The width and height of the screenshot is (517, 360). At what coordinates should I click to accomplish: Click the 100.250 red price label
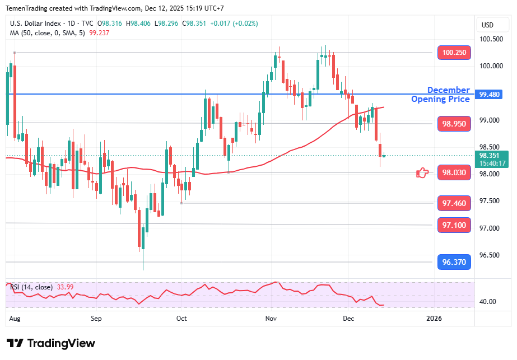[x=454, y=53]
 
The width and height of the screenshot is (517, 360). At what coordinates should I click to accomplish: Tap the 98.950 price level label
[x=454, y=124]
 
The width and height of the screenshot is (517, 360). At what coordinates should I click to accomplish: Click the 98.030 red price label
[x=454, y=173]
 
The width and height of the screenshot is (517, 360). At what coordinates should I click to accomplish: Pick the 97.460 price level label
[x=454, y=203]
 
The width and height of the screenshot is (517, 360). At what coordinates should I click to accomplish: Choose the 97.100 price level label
[x=454, y=225]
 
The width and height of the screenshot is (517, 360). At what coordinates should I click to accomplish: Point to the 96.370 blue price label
[x=454, y=261]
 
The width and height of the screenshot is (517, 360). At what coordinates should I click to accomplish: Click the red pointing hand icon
[x=422, y=173]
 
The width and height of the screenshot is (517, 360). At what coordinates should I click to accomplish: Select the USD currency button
[x=487, y=25]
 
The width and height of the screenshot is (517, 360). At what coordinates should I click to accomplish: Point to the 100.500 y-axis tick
[x=491, y=39]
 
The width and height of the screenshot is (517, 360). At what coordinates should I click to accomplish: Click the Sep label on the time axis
[x=96, y=319]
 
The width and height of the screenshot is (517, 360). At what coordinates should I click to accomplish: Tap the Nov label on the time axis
[x=271, y=319]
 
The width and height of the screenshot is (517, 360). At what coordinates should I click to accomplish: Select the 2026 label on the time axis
[x=434, y=319]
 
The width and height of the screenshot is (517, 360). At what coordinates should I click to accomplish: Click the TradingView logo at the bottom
[x=51, y=343]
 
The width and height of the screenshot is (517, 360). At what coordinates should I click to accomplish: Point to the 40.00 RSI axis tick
[x=488, y=302]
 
